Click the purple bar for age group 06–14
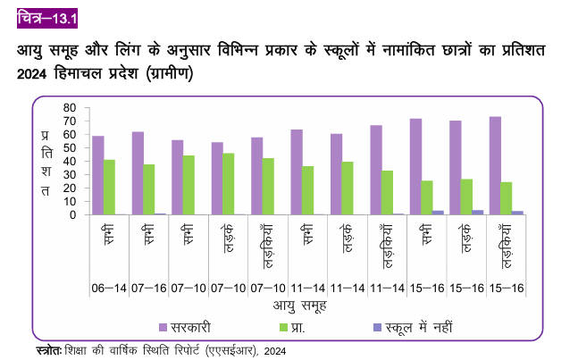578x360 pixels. click(x=98, y=175)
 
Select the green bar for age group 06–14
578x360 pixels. click(x=110, y=188)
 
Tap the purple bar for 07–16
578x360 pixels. click(x=138, y=173)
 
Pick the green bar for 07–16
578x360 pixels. click(x=149, y=189)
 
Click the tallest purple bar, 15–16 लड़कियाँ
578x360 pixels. click(x=495, y=166)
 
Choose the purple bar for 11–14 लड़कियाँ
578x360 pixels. click(x=376, y=170)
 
